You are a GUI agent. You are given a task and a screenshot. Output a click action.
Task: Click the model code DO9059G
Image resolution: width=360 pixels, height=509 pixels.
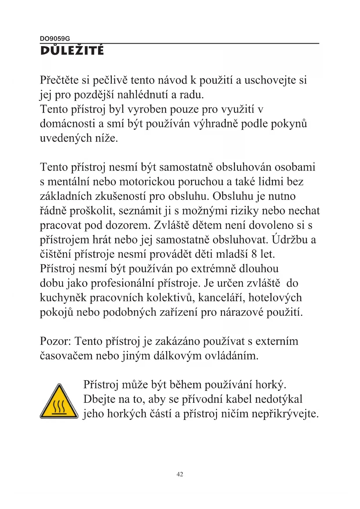[x=55, y=39]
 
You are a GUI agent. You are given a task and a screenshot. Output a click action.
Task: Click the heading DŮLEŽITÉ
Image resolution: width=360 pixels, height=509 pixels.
[x=72, y=50]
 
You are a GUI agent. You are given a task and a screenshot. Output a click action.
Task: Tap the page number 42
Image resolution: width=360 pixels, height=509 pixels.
[x=180, y=474]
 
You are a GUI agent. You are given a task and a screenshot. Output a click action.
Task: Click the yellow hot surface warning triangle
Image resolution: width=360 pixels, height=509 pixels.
[x=59, y=402]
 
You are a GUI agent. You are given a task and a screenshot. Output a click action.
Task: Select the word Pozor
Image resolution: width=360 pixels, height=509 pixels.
[x=55, y=341]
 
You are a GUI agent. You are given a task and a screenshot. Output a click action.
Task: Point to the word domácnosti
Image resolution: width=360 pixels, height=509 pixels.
[x=68, y=124]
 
